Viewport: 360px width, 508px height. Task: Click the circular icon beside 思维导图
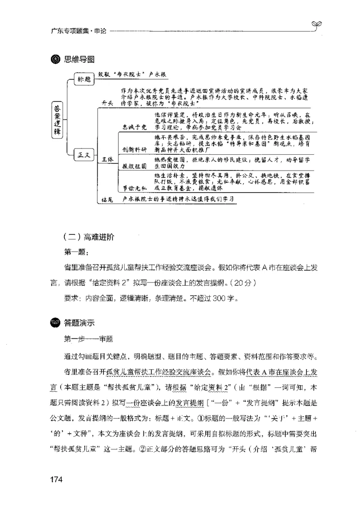point(56,60)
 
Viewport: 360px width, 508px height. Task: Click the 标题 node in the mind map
point(84,79)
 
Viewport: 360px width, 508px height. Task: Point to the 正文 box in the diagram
point(84,155)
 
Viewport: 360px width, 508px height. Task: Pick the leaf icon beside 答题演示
point(56,322)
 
